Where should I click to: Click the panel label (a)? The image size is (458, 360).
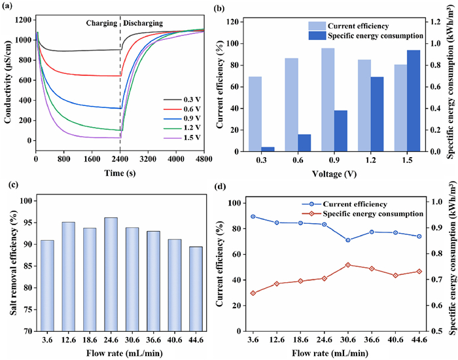coord(11,8)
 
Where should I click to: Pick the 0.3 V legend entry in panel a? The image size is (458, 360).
coord(190,100)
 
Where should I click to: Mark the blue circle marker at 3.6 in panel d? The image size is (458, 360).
coord(253,216)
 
